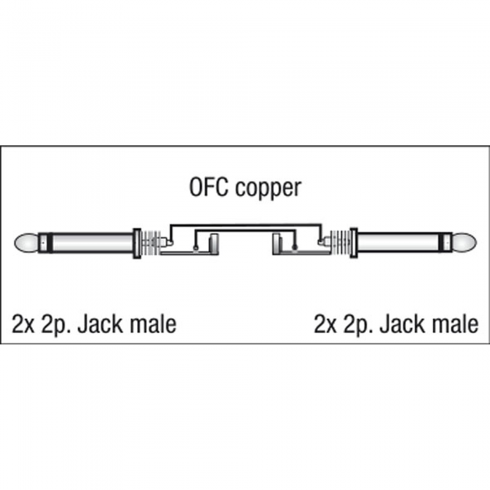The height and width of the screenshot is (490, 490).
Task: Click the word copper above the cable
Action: (268, 189)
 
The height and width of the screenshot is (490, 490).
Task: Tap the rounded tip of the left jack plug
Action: (26, 243)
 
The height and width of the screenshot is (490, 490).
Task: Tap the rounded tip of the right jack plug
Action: (464, 243)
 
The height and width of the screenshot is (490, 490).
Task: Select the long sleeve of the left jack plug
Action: (92, 243)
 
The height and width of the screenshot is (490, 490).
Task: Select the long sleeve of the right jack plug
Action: (398, 243)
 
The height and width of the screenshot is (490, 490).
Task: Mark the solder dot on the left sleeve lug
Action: (195, 248)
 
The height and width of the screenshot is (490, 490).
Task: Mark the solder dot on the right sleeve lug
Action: (295, 248)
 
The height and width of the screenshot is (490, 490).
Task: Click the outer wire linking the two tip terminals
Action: (245, 225)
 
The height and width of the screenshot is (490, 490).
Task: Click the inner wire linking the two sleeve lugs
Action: (245, 230)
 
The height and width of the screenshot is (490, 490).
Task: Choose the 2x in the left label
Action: (23, 325)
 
